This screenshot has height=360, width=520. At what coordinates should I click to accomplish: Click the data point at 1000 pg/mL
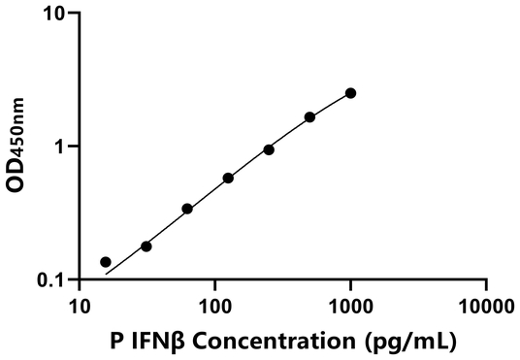pos(350,93)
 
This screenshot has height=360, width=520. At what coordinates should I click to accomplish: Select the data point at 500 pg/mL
pos(309,117)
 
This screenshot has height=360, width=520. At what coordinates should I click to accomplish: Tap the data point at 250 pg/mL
pos(269,149)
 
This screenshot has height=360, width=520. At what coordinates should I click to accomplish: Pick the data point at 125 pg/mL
pos(228,179)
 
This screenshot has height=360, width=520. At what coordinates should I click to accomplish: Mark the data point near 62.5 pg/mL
pos(187,209)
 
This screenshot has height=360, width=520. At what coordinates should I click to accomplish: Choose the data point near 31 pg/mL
pos(146,246)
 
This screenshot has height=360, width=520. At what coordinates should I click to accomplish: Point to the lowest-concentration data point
pos(106,262)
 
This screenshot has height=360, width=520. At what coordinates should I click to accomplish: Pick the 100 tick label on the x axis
pos(214,307)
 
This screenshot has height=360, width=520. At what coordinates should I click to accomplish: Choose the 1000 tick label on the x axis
pos(350,307)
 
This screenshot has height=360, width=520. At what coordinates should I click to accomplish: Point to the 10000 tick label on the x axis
pos(485,307)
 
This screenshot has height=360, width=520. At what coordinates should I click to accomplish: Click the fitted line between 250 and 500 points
pos(289,133)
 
